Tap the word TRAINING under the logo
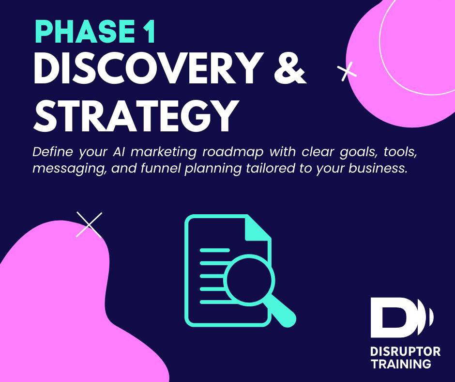[x=400, y=364]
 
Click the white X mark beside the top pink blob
[x=347, y=71]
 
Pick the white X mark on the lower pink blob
[x=89, y=225]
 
